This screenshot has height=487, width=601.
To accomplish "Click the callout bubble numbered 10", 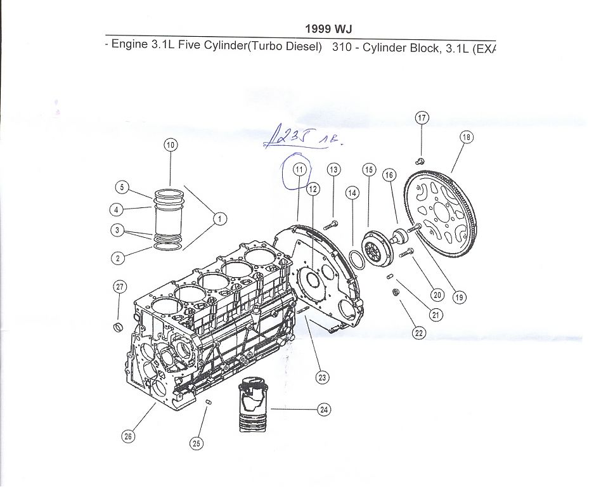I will point(171,145).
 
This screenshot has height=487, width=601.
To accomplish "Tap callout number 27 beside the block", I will point(119,287).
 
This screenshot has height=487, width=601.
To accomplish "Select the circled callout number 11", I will point(299,169).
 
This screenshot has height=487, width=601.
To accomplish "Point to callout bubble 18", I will point(467,136).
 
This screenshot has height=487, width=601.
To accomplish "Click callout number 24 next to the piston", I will point(324,410).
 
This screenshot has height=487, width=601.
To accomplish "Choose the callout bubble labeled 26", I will point(129,436).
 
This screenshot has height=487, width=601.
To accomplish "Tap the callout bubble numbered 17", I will point(422,117).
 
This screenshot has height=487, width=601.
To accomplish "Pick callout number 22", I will point(419,332).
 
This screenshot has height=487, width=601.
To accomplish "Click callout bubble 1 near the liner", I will point(219,219).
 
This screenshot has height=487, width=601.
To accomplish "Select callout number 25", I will point(197,443).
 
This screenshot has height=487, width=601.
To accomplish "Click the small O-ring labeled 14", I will point(356,258).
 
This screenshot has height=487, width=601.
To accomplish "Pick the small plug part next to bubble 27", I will point(117,327).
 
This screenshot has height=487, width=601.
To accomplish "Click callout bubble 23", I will point(323,378).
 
